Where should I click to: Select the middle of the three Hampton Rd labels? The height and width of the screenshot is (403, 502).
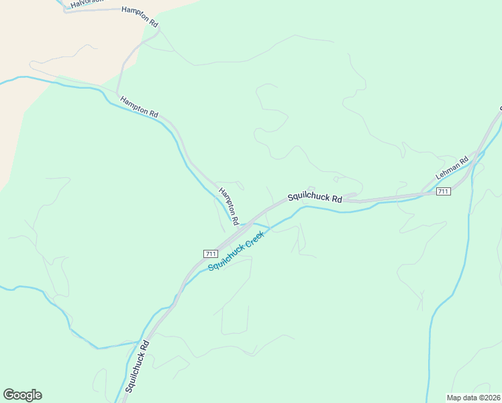(139, 107)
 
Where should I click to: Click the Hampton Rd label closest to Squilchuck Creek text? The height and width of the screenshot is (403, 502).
(230, 205)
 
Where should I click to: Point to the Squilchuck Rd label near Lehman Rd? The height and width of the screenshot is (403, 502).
(315, 198)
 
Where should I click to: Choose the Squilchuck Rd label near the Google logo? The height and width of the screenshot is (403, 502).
(137, 365)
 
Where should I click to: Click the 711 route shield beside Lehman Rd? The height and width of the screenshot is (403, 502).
(443, 192)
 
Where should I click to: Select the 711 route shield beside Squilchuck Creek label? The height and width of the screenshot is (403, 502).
(209, 253)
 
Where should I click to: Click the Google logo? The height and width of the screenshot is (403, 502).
(22, 395)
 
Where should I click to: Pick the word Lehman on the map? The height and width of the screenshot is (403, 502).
(447, 170)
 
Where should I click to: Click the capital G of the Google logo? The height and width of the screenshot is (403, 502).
(9, 395)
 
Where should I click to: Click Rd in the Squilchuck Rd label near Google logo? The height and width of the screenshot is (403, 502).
(144, 344)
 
